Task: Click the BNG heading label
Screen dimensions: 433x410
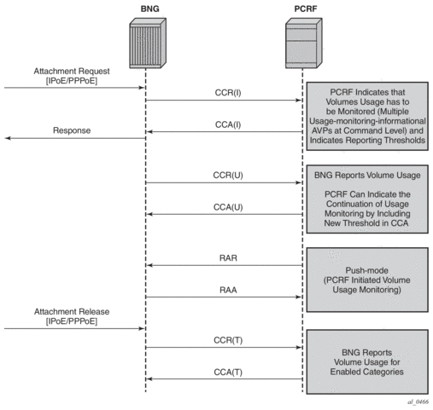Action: point(149,9)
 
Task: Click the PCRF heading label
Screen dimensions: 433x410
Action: point(306,9)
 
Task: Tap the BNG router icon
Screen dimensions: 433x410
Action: point(148,43)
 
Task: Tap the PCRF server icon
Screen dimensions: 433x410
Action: point(304,43)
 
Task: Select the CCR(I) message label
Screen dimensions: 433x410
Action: point(228,93)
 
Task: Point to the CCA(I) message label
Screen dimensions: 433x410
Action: point(228,124)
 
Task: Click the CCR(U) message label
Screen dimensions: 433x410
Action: point(228,175)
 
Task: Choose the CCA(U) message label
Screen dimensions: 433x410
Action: point(228,207)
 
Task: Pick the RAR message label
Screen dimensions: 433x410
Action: point(228,258)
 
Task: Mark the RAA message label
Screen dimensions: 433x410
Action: point(228,290)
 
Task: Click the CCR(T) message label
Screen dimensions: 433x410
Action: point(228,340)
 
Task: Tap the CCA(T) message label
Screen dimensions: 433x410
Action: point(228,372)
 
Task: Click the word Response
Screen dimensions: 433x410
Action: point(72,130)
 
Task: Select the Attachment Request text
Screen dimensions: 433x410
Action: point(72,71)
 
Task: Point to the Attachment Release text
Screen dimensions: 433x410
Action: point(72,312)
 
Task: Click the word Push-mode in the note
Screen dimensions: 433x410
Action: point(366,270)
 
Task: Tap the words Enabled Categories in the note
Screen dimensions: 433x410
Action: point(367,372)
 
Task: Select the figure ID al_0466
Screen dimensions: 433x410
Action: point(418,401)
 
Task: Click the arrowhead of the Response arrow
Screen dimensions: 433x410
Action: point(8,138)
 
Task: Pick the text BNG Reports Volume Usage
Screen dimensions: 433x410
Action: point(367,176)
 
